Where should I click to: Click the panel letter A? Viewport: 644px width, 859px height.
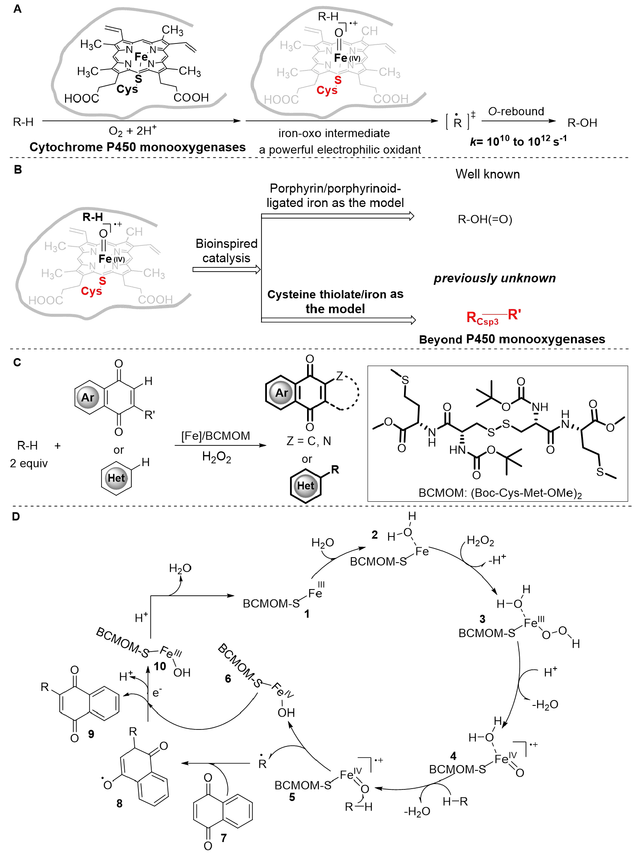17,9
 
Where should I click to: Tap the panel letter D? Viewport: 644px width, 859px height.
16,517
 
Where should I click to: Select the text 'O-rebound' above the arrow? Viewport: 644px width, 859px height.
516,112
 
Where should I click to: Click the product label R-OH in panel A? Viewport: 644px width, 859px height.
582,123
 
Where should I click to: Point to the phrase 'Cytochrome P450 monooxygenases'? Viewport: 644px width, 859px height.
137,147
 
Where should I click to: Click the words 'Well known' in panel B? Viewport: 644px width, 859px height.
487,174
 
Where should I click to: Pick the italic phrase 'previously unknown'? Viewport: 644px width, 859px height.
494,278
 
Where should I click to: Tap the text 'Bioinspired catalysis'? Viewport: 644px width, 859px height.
226,251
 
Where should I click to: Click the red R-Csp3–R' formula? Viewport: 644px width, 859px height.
493,317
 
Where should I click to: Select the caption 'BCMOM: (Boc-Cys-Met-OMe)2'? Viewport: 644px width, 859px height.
500,493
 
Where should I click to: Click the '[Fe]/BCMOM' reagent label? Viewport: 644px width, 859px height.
215,436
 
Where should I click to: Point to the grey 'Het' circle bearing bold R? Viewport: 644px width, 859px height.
305,486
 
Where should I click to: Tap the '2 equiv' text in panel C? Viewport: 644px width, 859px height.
29,463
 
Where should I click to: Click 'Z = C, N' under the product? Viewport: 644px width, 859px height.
309,441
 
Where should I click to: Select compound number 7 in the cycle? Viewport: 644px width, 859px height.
224,838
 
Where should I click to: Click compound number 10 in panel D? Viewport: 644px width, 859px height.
160,667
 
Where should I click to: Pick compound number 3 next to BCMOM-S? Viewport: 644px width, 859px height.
482,619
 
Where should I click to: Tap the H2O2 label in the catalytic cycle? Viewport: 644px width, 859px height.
480,541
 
